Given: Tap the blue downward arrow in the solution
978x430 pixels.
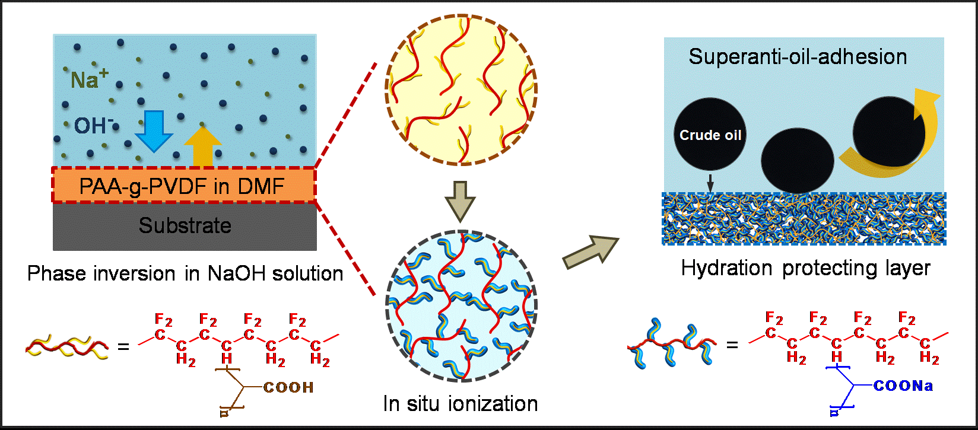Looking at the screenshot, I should click(x=154, y=131).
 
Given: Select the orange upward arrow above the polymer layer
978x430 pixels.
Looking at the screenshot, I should click(x=203, y=146).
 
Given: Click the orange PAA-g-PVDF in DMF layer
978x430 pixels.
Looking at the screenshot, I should click(x=183, y=186).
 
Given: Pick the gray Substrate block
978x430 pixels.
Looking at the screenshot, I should click(x=185, y=226).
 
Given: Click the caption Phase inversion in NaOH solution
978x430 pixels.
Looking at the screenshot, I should click(x=185, y=273).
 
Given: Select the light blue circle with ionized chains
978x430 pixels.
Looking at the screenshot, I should click(x=461, y=306).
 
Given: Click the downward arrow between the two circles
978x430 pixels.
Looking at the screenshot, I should click(x=461, y=200).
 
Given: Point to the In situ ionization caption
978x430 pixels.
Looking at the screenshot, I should click(x=461, y=404).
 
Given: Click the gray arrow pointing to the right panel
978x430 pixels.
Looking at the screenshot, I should click(x=590, y=251).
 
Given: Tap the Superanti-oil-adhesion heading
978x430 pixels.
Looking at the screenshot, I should click(x=798, y=57).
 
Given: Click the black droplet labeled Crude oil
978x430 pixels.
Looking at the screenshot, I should click(x=710, y=135).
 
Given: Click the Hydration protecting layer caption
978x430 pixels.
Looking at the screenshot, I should click(x=805, y=268).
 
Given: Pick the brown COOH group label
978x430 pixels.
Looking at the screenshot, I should click(x=288, y=388).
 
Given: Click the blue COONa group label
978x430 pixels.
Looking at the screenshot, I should click(x=903, y=386).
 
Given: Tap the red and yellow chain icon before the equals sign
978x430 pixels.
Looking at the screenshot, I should click(x=68, y=346).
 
